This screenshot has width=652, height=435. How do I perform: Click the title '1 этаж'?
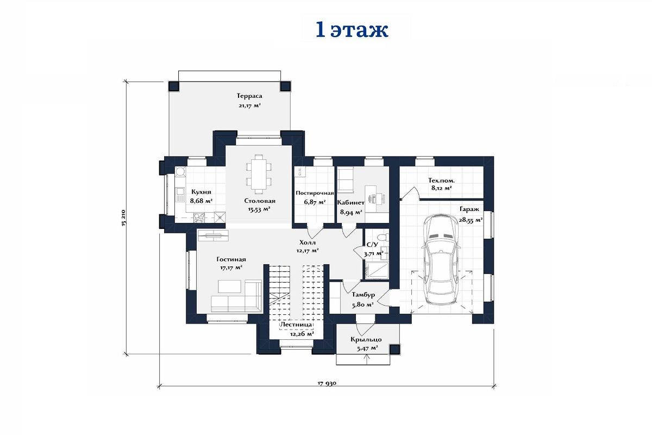(x=352, y=30)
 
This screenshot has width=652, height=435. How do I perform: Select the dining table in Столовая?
(x=259, y=174)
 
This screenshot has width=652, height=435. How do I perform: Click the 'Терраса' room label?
(x=249, y=96)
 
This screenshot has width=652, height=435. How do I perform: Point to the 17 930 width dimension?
(x=327, y=383)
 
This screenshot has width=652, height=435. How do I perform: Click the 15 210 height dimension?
(x=124, y=218)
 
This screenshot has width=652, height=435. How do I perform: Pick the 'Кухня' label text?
(x=201, y=192)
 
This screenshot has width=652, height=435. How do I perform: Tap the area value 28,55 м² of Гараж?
(x=471, y=220)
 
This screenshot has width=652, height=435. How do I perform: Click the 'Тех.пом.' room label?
(x=441, y=181)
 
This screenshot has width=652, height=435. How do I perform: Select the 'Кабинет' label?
(x=351, y=202)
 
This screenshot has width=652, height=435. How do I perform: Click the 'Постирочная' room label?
(x=315, y=193)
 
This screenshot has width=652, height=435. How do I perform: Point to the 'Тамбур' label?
(x=363, y=295)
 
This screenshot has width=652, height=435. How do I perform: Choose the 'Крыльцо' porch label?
(x=366, y=340)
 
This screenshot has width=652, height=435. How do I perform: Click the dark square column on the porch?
(x=394, y=349)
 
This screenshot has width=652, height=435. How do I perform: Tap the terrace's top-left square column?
(x=174, y=86)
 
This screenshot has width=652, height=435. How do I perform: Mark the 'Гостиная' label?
(x=231, y=259)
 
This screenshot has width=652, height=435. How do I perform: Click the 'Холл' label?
(x=308, y=243)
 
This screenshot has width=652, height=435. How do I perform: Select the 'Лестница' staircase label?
(x=296, y=325)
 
